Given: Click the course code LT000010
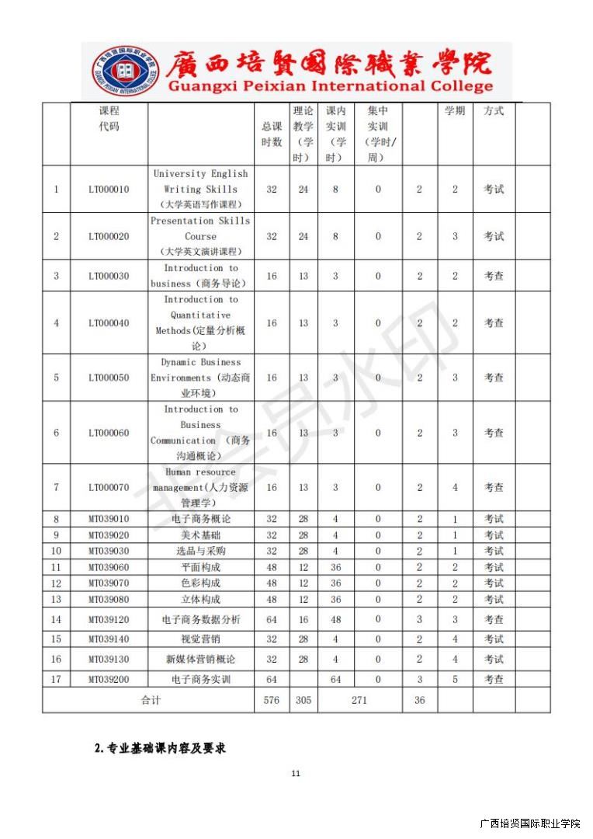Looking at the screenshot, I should pyautogui.click(x=109, y=190).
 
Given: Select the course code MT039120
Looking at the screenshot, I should pyautogui.click(x=109, y=620).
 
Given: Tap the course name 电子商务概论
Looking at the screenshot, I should pyautogui.click(x=200, y=519).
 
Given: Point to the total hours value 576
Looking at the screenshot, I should pyautogui.click(x=271, y=700).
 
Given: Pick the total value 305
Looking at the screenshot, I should pyautogui.click(x=303, y=700).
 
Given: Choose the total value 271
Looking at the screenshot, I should pyautogui.click(x=359, y=700).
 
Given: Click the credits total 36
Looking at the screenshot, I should pyautogui.click(x=419, y=700).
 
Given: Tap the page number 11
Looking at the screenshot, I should pyautogui.click(x=296, y=774).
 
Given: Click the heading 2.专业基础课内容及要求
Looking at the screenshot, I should pyautogui.click(x=160, y=748).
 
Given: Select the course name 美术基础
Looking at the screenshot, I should pyautogui.click(x=200, y=535).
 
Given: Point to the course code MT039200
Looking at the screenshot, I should pyautogui.click(x=109, y=680).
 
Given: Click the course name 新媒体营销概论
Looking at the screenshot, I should pyautogui.click(x=200, y=660).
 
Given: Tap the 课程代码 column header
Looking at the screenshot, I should pyautogui.click(x=109, y=119).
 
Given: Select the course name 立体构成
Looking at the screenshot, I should pyautogui.click(x=200, y=600).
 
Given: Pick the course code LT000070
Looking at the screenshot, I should pyautogui.click(x=109, y=488).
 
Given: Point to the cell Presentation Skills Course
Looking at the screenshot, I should pyautogui.click(x=200, y=236).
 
